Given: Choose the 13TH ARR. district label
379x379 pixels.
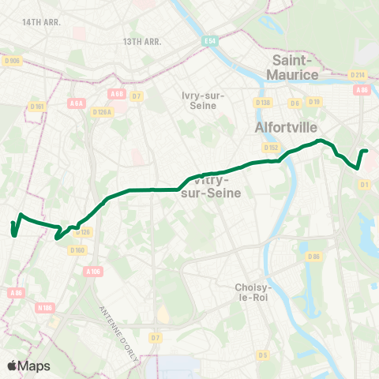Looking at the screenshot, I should click(x=142, y=41).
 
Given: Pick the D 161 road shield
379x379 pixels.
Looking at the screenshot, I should click(x=37, y=107).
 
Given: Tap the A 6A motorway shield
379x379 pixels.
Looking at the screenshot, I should click(x=76, y=103).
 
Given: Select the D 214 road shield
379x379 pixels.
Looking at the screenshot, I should click(x=358, y=75).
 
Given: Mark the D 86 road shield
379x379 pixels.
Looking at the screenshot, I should click(x=314, y=256).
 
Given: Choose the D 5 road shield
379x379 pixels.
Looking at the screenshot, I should click(x=263, y=355).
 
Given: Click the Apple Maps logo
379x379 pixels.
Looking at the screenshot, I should click(x=28, y=366).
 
